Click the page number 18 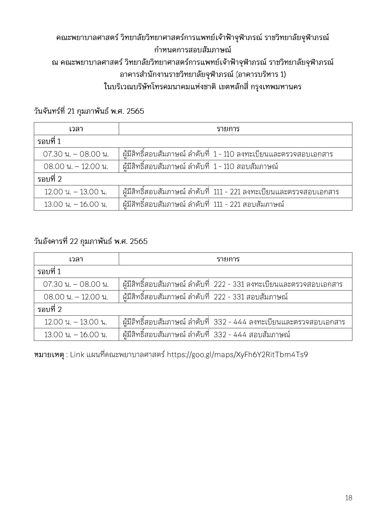(348, 498)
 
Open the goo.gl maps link (237, 355)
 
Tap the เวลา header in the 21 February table (76, 129)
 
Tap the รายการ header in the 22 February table (228, 259)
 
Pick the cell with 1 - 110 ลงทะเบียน (228, 154)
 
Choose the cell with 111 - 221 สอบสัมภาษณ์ (203, 204)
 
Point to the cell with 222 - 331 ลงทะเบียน (232, 284)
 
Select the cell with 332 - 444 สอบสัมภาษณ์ (206, 335)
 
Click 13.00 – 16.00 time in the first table (76, 204)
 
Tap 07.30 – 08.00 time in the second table (76, 284)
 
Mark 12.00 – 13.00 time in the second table (76, 322)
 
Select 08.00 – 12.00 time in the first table (76, 166)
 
